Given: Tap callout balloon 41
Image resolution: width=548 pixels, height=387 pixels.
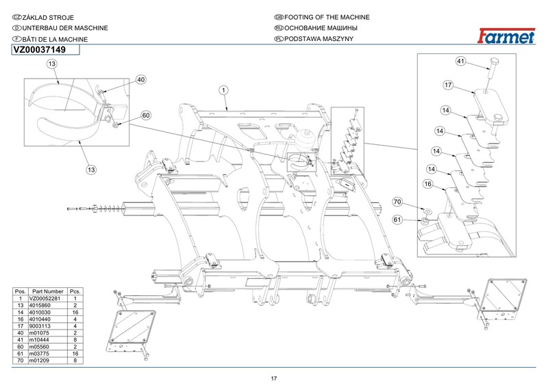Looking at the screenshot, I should pos(461,62).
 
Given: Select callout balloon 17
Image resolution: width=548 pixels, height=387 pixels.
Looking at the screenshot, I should pos(447,85).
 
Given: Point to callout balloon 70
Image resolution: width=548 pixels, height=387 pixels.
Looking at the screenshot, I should pos(397,202).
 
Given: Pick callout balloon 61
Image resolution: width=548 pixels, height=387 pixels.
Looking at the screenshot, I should pos(397,219).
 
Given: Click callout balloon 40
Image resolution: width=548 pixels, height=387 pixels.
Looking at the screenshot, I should pos(141,80).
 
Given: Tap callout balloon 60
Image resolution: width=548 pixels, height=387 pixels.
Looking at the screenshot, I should pos(146,116).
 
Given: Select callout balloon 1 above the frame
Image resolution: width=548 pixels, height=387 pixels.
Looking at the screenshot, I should pos(223,90).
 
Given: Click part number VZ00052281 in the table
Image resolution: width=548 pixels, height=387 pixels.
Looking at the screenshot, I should pos(46,298).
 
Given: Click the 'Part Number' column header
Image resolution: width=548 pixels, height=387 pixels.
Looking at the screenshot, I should pos(47,291).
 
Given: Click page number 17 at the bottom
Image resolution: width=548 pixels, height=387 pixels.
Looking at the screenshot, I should pos(273,378).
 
